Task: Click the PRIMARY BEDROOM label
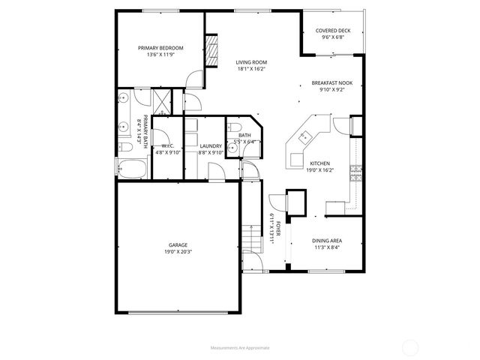point(160,48)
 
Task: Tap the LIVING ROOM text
point(251,63)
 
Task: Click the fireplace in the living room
point(214,51)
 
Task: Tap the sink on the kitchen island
point(306,136)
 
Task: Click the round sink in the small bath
point(233,148)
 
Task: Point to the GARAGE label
point(178,245)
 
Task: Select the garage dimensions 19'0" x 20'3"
point(178,252)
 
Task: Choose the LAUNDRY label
point(210,145)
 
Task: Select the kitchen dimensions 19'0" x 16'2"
point(320,169)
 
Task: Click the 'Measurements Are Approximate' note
point(239,348)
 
